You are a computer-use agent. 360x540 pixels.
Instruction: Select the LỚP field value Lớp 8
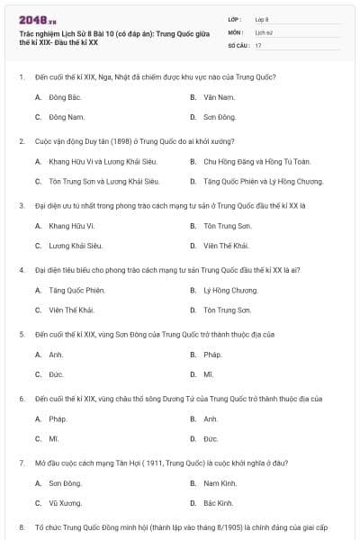click(262, 19)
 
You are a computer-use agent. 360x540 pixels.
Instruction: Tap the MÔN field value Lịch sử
click(263, 31)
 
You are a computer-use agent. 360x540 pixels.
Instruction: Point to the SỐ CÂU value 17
click(258, 44)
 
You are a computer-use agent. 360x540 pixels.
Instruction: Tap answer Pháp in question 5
click(212, 354)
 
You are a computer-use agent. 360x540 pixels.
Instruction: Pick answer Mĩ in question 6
click(54, 438)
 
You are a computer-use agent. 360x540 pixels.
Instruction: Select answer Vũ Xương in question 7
click(64, 502)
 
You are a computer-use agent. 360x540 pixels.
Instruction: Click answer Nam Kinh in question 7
click(219, 483)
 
